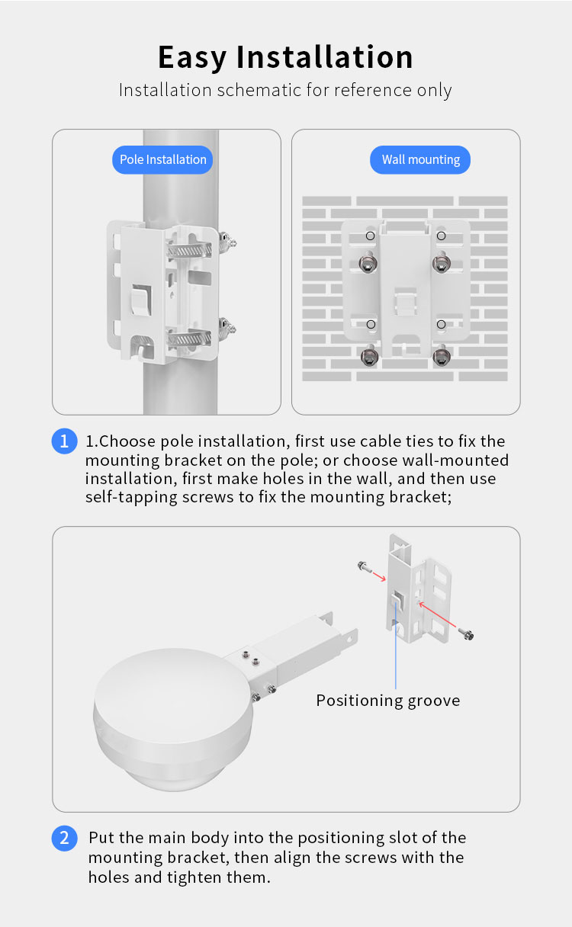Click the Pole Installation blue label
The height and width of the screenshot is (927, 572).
pyautogui.click(x=162, y=160)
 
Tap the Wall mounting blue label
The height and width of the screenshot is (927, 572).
pyautogui.click(x=420, y=160)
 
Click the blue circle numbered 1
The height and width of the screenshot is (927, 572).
pyautogui.click(x=64, y=441)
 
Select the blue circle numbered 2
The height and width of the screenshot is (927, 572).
pyautogui.click(x=64, y=838)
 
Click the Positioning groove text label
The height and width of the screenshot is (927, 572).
pyautogui.click(x=388, y=701)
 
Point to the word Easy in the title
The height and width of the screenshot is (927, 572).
pyautogui.click(x=192, y=57)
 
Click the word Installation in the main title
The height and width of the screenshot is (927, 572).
pyautogui.click(x=324, y=56)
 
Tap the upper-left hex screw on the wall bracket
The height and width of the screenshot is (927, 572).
pyautogui.click(x=368, y=263)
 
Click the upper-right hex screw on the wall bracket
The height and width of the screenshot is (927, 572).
pyautogui.click(x=441, y=263)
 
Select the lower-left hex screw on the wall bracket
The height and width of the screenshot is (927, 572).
pyautogui.click(x=369, y=356)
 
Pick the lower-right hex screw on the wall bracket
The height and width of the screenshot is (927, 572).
pyautogui.click(x=442, y=356)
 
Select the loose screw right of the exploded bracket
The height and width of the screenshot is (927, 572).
pyautogui.click(x=467, y=634)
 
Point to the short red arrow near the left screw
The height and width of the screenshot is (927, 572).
pyautogui.click(x=379, y=576)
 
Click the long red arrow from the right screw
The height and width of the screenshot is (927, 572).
pyautogui.click(x=437, y=615)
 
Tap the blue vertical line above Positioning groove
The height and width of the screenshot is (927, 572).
pyautogui.click(x=396, y=646)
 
